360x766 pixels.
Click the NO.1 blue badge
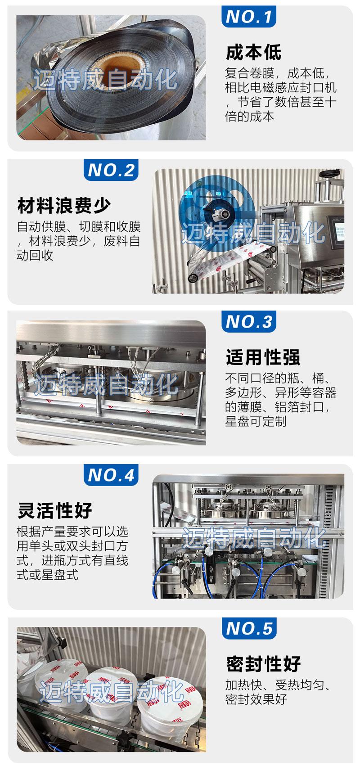point(248,16)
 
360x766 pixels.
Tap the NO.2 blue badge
point(111,170)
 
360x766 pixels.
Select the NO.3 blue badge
point(248,321)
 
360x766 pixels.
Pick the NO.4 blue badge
point(111,475)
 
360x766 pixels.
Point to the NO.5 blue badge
point(249,628)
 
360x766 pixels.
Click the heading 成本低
point(253,53)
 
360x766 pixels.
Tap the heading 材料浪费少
point(64,206)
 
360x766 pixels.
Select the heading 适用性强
point(263,357)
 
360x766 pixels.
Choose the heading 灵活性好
point(55,510)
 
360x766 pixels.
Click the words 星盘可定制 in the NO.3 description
point(256,421)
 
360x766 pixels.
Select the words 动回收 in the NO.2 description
point(35,255)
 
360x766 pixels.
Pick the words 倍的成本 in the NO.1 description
point(250,116)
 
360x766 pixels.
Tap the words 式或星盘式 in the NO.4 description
point(48,574)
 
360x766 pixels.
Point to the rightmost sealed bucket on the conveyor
point(170,706)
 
